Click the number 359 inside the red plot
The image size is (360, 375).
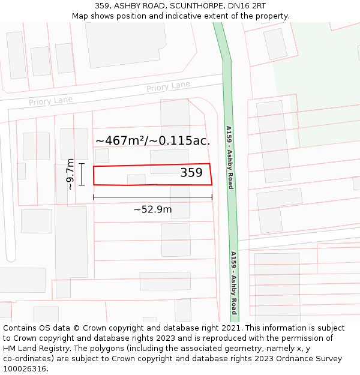tap(191, 173)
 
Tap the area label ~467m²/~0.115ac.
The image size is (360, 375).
tap(152, 141)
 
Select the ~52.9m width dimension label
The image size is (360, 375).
tap(152, 209)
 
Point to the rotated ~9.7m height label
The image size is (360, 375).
tap(70, 174)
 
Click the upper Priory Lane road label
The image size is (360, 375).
tap(168, 87)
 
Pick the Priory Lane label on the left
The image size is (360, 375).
tap(50, 101)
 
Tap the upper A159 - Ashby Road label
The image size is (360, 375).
tap(229, 157)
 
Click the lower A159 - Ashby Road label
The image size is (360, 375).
tap(234, 283)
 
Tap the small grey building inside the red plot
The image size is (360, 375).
tap(136, 179)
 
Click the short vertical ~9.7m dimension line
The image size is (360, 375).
tap(82, 174)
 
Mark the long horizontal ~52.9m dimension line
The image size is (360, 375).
tap(152, 197)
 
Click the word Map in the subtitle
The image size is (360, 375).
tap(80, 16)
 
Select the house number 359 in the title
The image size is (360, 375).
tap(103, 5)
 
